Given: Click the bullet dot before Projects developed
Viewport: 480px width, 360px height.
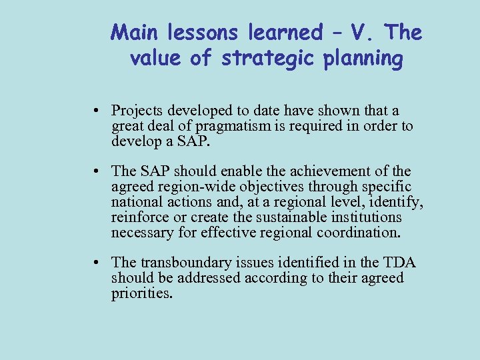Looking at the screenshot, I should [97, 111].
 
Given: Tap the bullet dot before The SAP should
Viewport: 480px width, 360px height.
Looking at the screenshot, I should [97, 173].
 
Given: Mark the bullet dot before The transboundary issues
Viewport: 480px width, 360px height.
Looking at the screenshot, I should [97, 263].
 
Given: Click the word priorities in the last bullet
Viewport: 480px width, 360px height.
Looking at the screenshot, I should [142, 293].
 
